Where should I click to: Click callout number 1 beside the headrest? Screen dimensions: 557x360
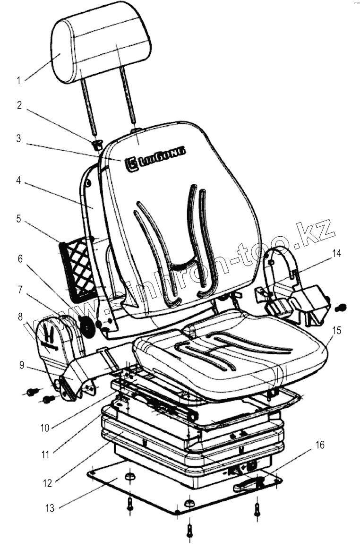click(x=18, y=81)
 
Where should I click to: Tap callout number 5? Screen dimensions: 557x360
click(x=18, y=219)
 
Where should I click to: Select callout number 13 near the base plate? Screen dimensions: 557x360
click(x=50, y=508)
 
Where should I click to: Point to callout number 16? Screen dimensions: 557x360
click(x=320, y=446)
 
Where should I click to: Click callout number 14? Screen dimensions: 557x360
click(x=336, y=254)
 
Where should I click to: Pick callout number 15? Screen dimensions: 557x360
click(x=336, y=331)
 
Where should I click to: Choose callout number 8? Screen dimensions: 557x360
click(x=20, y=317)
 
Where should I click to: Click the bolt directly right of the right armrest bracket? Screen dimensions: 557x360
click(x=340, y=308)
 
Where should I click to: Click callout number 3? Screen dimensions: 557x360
click(x=18, y=139)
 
